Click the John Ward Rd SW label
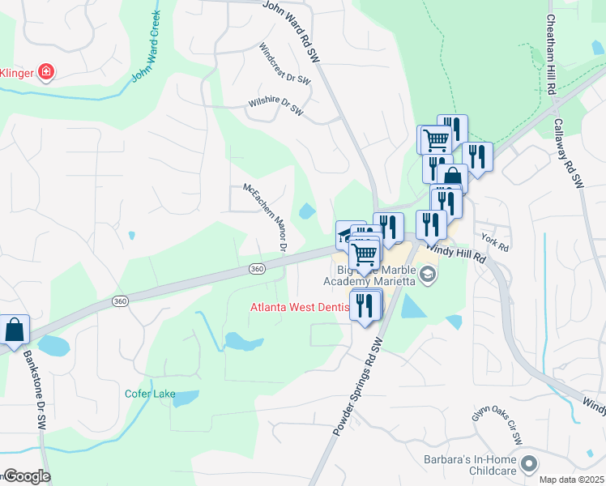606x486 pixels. point(291,31)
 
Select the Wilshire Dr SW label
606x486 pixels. point(275,105)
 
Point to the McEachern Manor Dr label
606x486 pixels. point(266,217)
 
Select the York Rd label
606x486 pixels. point(493,241)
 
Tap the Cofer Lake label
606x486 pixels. point(150,394)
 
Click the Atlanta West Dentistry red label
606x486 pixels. point(300,307)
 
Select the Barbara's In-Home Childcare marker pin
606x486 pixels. point(529,464)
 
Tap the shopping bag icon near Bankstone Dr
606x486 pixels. point(15,330)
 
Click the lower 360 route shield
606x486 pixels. point(121,301)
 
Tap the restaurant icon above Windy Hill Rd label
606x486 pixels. point(430,224)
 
